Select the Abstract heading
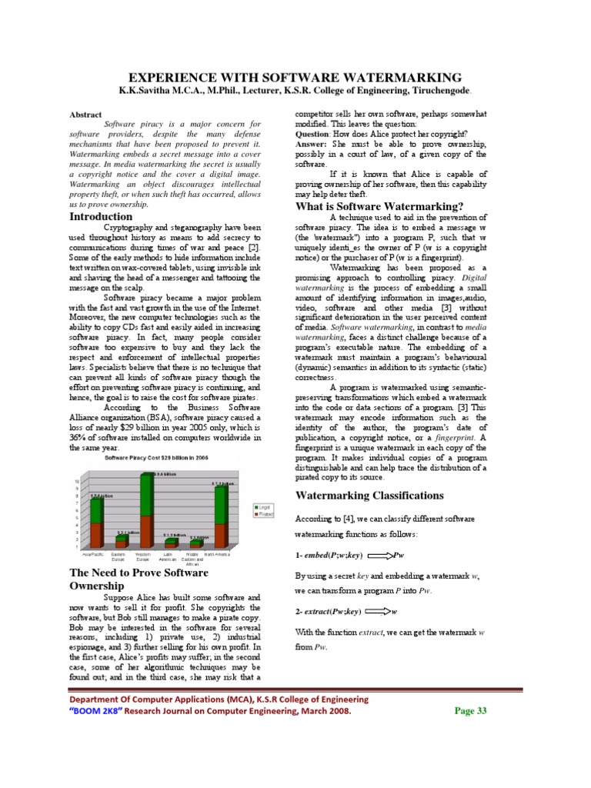[x=85, y=113]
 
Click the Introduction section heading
[x=102, y=217]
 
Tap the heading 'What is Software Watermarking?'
[x=379, y=206]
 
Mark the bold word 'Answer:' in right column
[x=314, y=144]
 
